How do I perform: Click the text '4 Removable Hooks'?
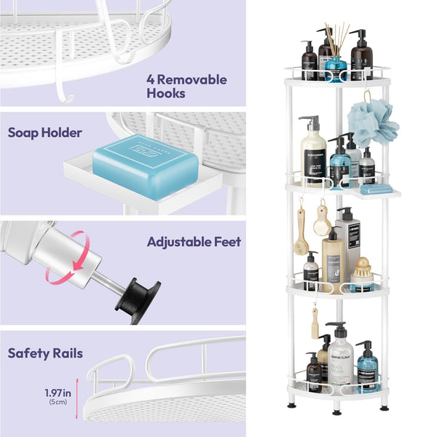(x=187, y=86)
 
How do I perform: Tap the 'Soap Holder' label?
(x=44, y=133)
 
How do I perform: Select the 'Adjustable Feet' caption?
(x=193, y=241)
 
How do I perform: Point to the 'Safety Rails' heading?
(x=45, y=353)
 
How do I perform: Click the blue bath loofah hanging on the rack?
(x=372, y=121)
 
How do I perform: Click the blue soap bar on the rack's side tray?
(x=377, y=189)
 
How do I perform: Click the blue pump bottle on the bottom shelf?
(x=368, y=368)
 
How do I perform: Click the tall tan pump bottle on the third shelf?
(x=333, y=259)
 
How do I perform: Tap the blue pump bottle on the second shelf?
(x=339, y=164)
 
